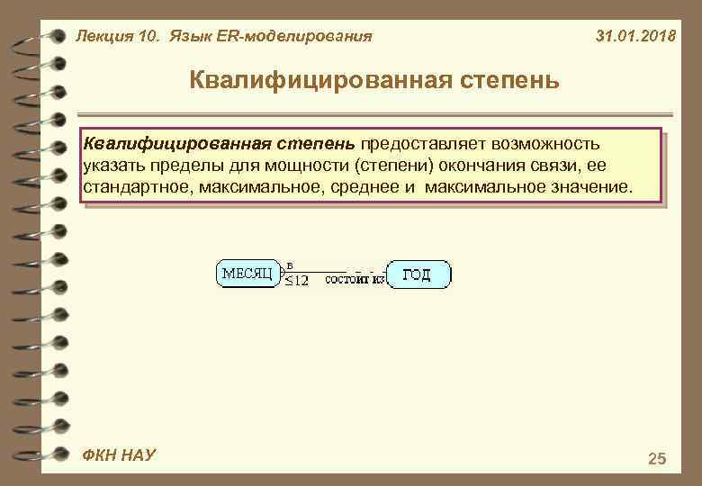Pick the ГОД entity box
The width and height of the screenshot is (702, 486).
tap(418, 274)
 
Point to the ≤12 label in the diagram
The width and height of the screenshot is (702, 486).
tap(296, 281)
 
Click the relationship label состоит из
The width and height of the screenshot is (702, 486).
tap(355, 281)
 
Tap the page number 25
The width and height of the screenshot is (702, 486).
tap(657, 459)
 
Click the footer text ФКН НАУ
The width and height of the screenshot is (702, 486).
tap(116, 455)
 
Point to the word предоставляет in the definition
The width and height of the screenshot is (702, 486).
tap(416, 144)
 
